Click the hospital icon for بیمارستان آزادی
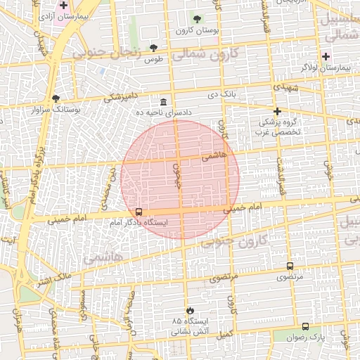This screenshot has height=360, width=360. pyautogui.click(x=64, y=5)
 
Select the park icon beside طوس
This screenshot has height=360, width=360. pyautogui.click(x=154, y=48)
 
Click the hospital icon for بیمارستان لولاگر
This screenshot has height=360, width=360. pyautogui.click(x=325, y=56)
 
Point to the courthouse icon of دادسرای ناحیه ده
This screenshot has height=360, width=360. pyautogui.click(x=164, y=101)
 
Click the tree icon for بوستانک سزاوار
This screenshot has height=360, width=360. pyautogui.click(x=56, y=99)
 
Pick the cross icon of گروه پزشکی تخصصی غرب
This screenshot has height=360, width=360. pyautogui.click(x=278, y=111)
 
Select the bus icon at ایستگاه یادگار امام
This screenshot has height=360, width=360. pyautogui.click(x=139, y=212)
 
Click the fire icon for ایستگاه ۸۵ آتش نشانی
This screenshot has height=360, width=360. pyautogui.click(x=190, y=310)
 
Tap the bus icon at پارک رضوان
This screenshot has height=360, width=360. pyautogui.click(x=305, y=327)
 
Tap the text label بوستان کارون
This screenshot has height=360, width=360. pyautogui.click(x=193, y=31)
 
